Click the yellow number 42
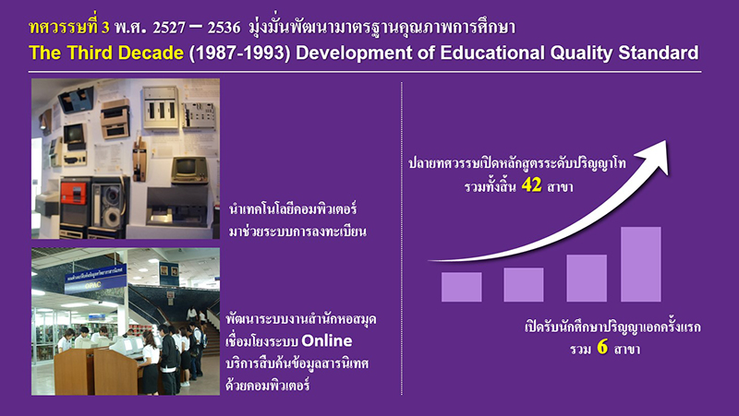point(532,185)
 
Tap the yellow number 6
point(602,348)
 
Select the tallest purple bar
point(641,264)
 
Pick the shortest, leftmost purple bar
point(461,287)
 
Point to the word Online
point(327,340)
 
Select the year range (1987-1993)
point(239,53)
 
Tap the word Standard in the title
point(658,53)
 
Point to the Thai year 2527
point(169,28)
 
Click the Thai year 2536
point(224,28)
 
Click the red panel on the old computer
point(74,194)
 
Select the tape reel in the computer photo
point(112,215)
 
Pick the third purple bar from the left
point(587,279)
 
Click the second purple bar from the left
point(524,285)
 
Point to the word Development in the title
point(354,53)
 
